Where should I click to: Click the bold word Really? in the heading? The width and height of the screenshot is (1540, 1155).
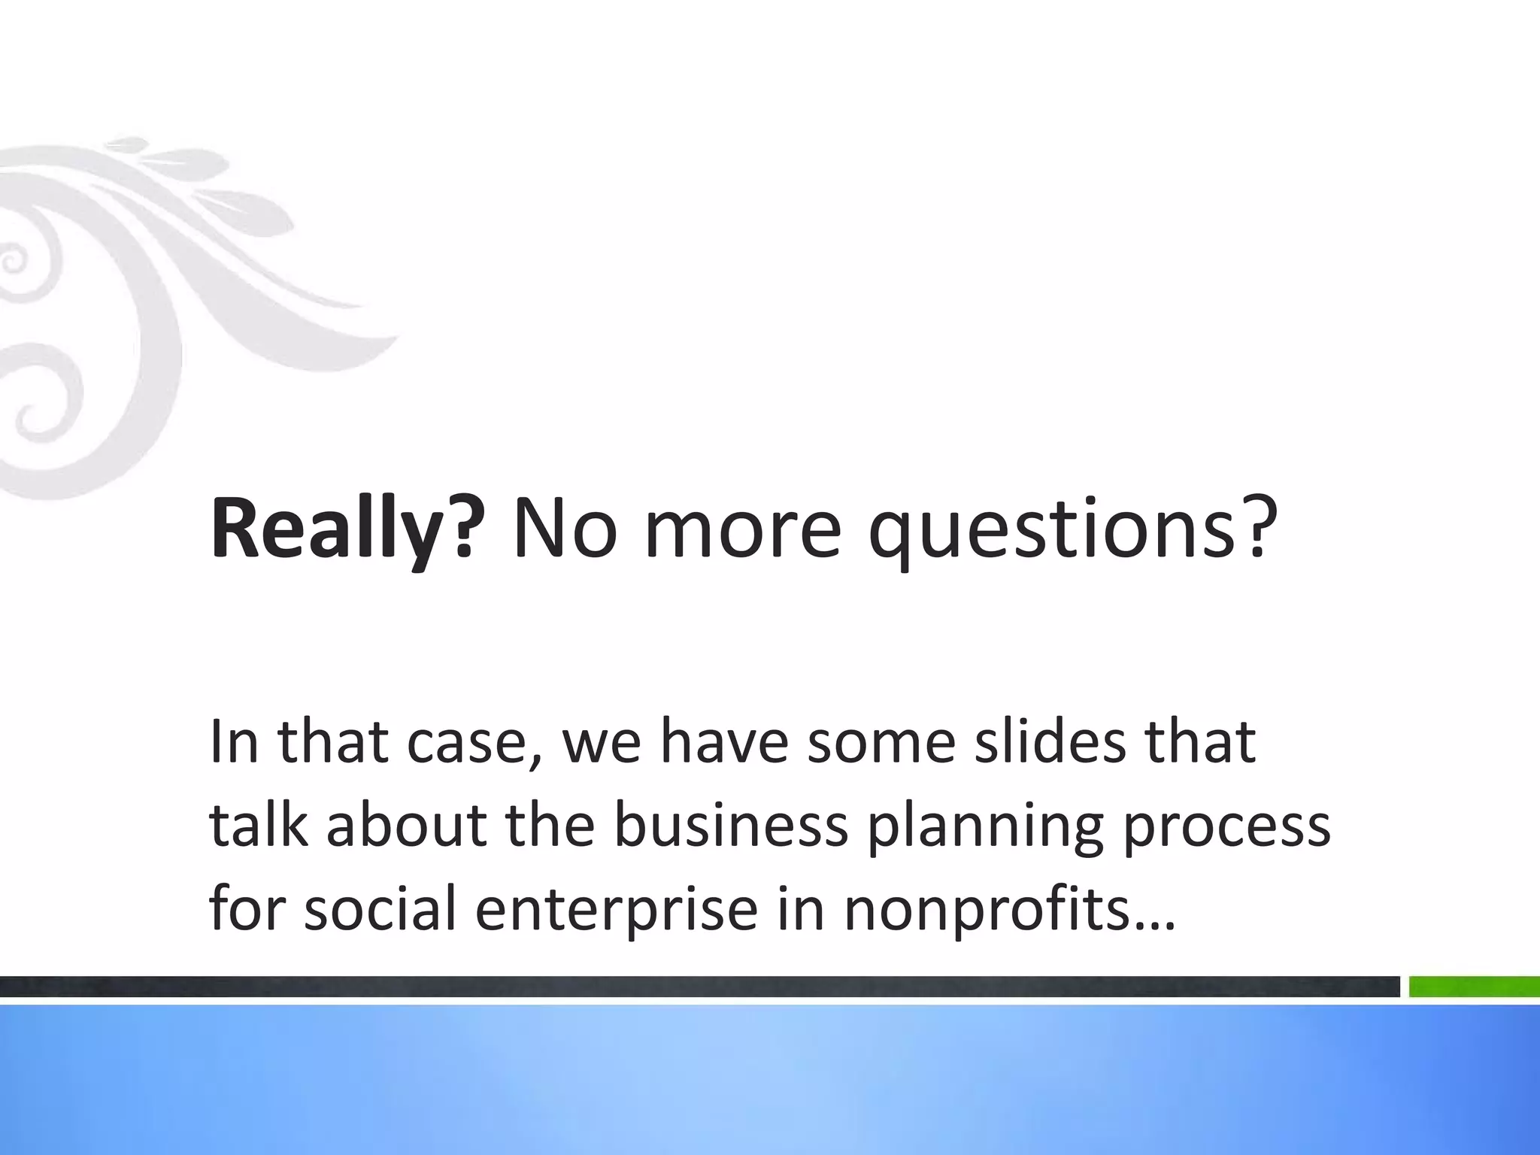[343, 528]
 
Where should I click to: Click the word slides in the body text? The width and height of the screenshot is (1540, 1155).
[1050, 741]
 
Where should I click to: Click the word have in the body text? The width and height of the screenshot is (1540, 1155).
[725, 741]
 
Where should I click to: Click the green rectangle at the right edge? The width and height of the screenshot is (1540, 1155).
[1474, 987]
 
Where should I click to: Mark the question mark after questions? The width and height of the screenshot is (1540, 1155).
[1261, 528]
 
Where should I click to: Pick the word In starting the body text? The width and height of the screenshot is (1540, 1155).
[235, 741]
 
